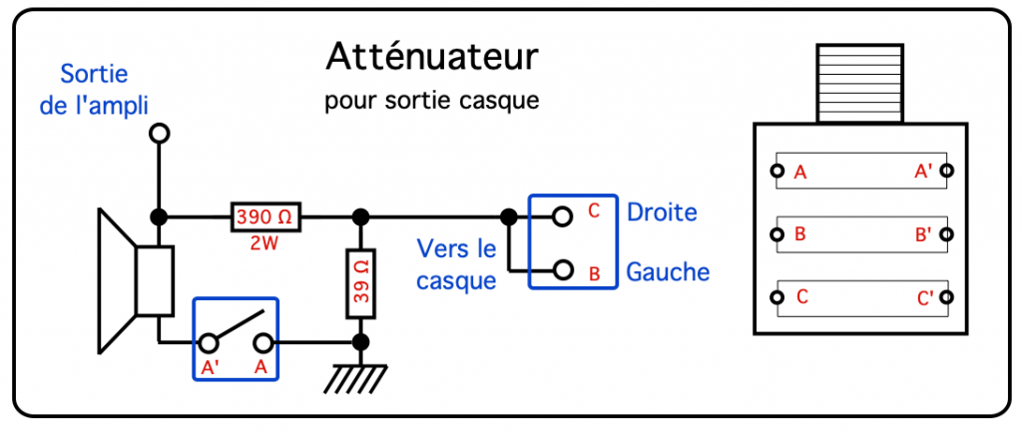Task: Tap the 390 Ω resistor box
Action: pos(266,217)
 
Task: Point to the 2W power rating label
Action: pos(265,242)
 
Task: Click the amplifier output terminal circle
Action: pos(157,133)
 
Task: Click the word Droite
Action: pos(662,213)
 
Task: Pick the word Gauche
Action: pos(668,271)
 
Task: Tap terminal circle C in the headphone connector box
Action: pos(563,216)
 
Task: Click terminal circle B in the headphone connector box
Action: pos(563,269)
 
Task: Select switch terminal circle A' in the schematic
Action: pos(209,343)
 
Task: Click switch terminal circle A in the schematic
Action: pos(262,343)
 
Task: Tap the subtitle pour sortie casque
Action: pos(431,102)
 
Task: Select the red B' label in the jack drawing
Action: pos(923,236)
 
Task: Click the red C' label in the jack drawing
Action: pos(923,298)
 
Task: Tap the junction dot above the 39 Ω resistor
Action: pos(361,217)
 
